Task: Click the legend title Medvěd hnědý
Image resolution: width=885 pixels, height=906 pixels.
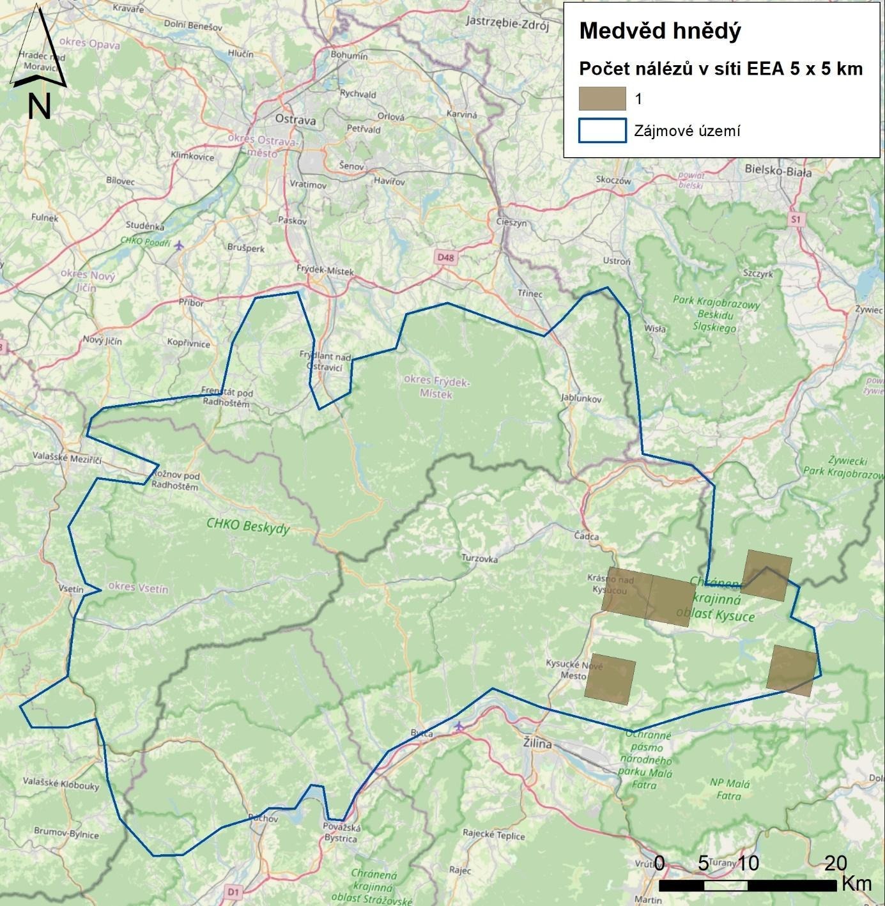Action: pos(660,30)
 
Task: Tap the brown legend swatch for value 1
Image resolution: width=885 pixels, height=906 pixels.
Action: pos(602,99)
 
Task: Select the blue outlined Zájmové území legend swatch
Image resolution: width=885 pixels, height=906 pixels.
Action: pos(602,130)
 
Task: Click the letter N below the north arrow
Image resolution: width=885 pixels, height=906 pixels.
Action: pos(39,106)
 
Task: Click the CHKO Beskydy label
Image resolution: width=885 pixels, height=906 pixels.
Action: pos(248,525)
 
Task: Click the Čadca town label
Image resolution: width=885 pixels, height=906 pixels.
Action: pos(587,537)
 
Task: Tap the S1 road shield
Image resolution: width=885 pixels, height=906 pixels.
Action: pos(795,219)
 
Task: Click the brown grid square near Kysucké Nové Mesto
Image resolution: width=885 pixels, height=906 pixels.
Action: pos(610,679)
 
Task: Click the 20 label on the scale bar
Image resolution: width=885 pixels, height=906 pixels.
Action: pos(835,863)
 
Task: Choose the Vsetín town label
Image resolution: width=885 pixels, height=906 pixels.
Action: pos(70,589)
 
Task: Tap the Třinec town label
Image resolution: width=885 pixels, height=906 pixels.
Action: pos(530,293)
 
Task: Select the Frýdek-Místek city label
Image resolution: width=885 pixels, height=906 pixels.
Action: pos(325,271)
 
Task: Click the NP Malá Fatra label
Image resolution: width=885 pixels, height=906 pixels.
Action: pos(729,789)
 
